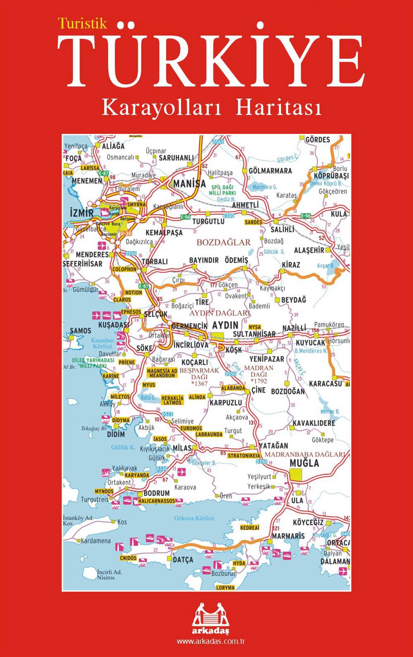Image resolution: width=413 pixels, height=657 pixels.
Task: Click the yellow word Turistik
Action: pyautogui.click(x=83, y=24)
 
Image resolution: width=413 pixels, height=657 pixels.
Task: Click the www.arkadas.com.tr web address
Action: pyautogui.click(x=211, y=642)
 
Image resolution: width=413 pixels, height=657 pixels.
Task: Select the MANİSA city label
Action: pyautogui.click(x=190, y=183)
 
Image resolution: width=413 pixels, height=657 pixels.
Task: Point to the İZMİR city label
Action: pyautogui.click(x=82, y=214)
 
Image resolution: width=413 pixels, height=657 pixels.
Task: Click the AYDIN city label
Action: pyautogui.click(x=225, y=325)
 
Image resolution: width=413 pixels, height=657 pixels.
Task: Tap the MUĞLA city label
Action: pyautogui.click(x=304, y=463)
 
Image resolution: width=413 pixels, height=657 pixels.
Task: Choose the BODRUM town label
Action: pyautogui.click(x=157, y=493)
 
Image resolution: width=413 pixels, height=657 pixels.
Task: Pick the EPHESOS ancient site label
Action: pyautogui.click(x=131, y=312)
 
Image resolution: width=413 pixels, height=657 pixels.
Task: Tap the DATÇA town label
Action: pyautogui.click(x=183, y=560)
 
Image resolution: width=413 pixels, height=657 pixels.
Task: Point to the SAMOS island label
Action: pyautogui.click(x=81, y=331)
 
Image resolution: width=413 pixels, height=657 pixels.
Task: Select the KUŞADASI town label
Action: pyautogui.click(x=113, y=325)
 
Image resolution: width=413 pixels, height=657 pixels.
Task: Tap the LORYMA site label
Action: pyautogui.click(x=225, y=587)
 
